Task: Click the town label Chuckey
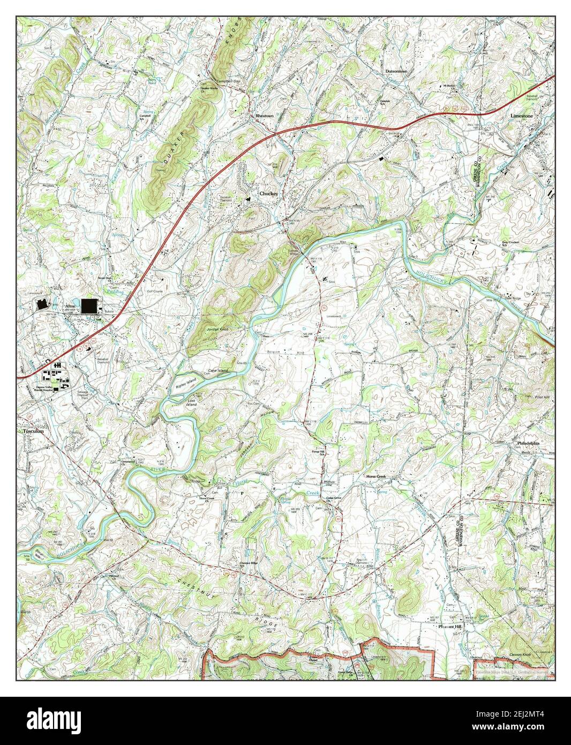(268, 193)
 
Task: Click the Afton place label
(70, 306)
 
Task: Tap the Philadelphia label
(528, 443)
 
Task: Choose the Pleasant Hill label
(449, 626)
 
